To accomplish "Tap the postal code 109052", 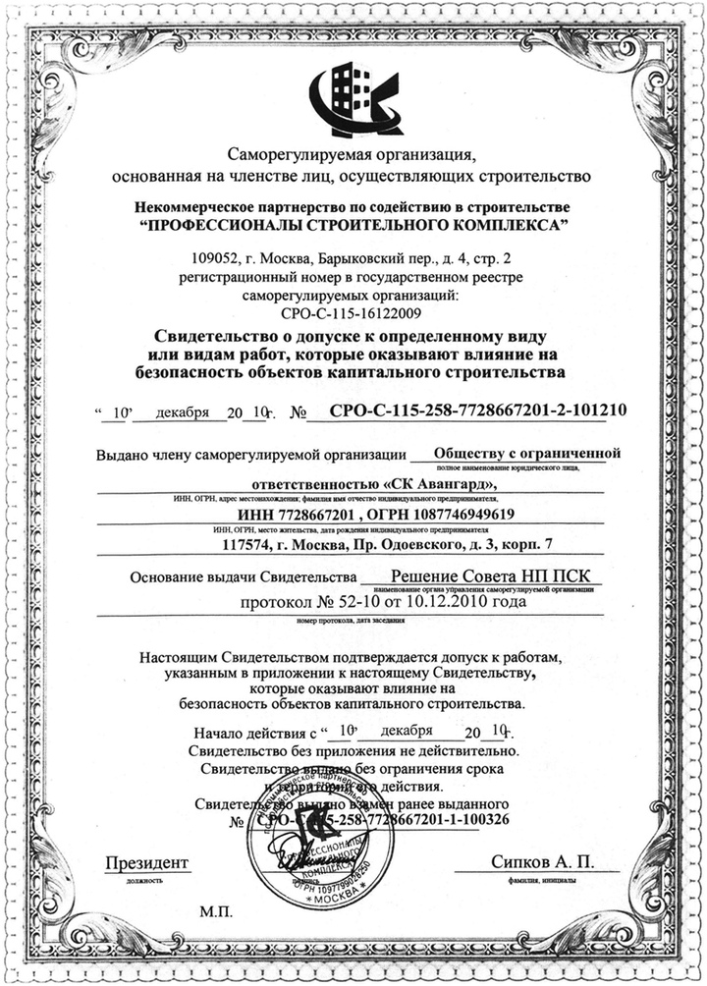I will click(225, 258).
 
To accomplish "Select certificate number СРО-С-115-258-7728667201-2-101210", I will click(479, 411).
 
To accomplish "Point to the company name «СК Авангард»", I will click(448, 484).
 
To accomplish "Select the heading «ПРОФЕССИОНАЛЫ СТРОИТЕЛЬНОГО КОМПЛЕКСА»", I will click(353, 225).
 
